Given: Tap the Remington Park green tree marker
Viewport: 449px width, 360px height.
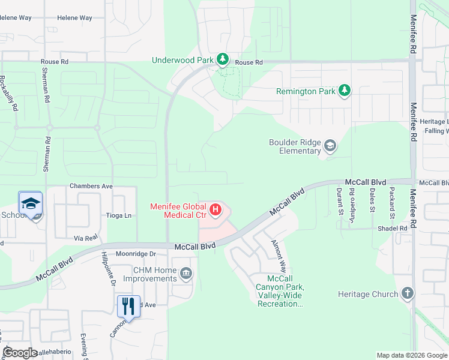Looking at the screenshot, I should (x=344, y=91).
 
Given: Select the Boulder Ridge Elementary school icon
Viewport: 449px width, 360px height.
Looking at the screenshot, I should (x=330, y=146).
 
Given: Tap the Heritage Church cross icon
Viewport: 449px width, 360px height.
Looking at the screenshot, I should (x=408, y=293).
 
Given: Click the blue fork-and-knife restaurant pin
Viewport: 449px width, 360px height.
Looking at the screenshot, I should (x=128, y=306).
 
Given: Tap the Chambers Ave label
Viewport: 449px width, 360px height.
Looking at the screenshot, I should (x=91, y=187).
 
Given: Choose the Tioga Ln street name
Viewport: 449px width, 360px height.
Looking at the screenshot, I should (x=119, y=215).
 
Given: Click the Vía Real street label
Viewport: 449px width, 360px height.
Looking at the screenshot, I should (x=86, y=238).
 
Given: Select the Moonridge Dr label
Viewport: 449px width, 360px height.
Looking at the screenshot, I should (x=136, y=254).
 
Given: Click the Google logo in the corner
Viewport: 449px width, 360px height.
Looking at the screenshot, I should (x=20, y=353).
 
